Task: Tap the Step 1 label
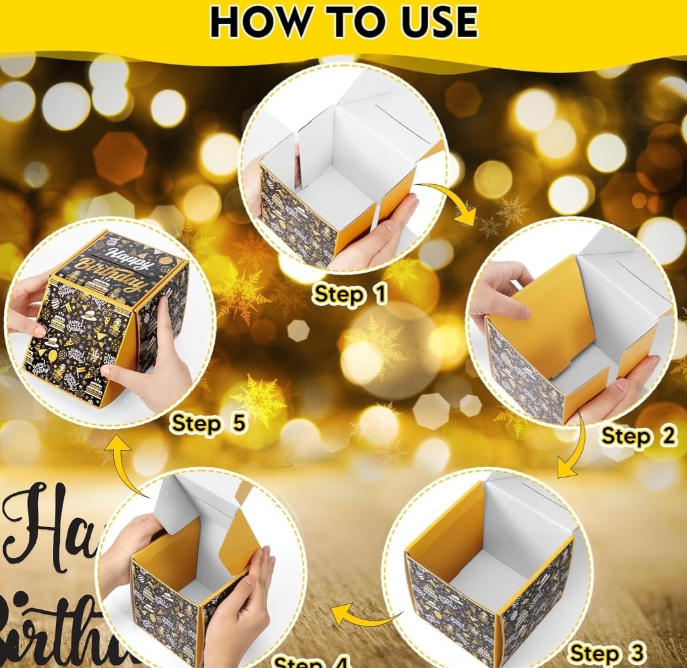(349, 294)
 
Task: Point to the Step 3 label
(607, 653)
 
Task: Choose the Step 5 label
(210, 423)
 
